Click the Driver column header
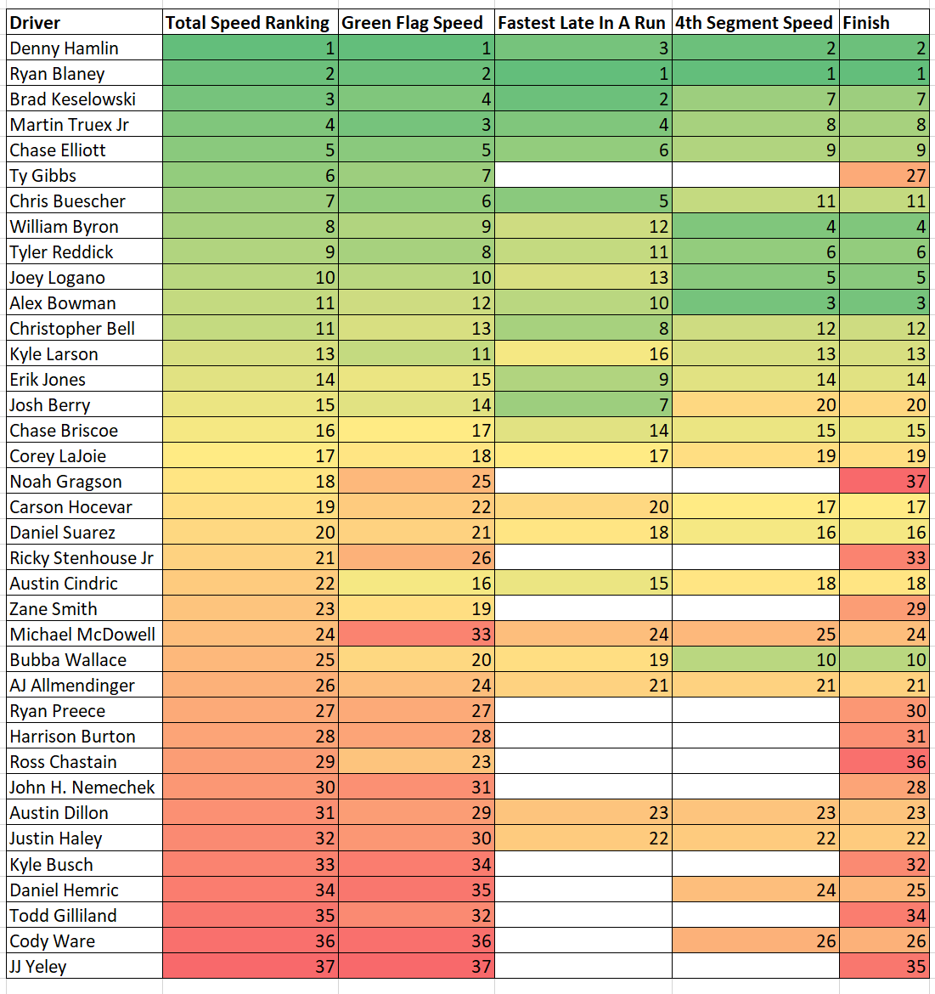point(36,23)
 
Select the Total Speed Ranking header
point(247,23)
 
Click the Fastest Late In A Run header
point(582,23)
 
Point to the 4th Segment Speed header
point(754,23)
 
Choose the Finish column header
point(866,23)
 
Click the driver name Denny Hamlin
point(65,48)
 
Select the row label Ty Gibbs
point(43,176)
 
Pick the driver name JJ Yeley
point(38,966)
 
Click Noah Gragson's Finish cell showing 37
point(883,482)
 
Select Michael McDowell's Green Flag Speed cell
point(416,635)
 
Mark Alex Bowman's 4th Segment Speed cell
point(755,303)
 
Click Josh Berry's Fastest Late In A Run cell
point(583,405)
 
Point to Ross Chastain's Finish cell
point(883,762)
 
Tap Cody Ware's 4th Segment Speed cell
point(755,940)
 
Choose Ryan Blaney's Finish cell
point(883,74)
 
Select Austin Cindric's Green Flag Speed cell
point(416,584)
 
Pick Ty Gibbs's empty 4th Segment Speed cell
point(755,176)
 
